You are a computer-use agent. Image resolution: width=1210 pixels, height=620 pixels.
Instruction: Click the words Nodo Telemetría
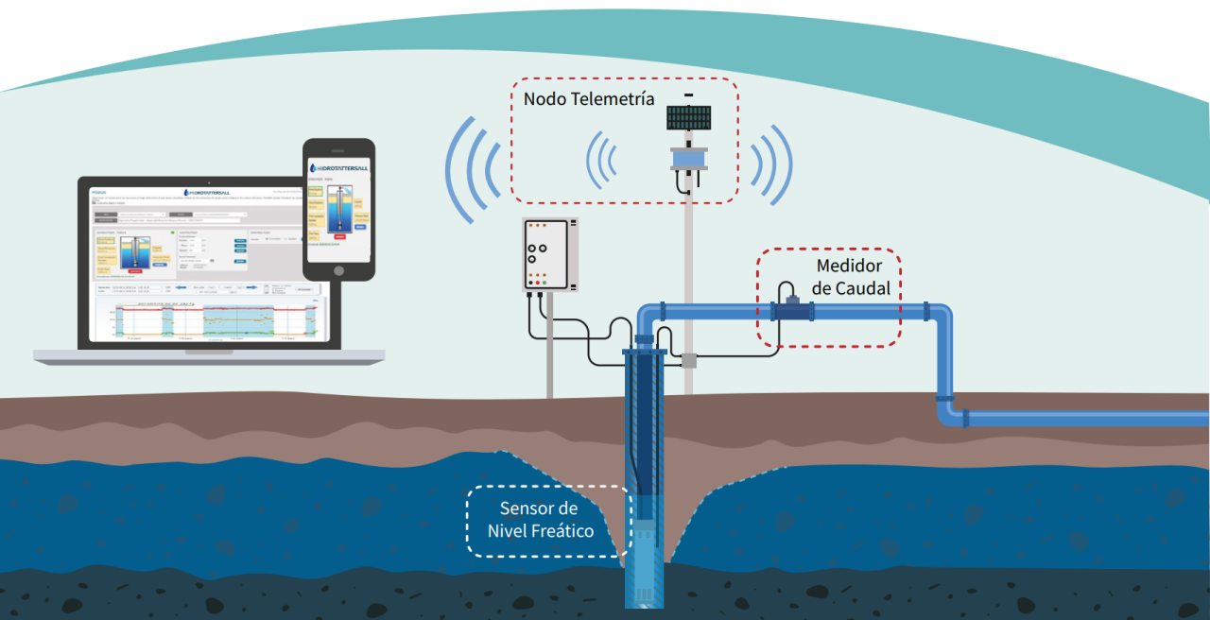[589, 99]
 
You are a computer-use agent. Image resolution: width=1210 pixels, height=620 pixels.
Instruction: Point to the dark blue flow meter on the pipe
[792, 309]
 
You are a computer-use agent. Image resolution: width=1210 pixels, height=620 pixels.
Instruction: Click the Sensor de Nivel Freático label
[541, 520]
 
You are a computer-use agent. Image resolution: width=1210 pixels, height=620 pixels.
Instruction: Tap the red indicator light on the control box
[533, 282]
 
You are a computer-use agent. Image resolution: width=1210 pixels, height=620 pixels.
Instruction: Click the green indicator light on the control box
[544, 282]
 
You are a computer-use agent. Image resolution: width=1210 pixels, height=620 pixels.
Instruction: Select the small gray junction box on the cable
[688, 360]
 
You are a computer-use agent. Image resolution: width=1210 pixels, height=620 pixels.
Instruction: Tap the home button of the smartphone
[337, 269]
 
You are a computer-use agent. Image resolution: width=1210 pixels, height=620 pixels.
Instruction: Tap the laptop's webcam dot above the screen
[209, 182]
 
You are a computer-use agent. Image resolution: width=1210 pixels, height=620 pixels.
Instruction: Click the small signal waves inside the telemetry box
[602, 159]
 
